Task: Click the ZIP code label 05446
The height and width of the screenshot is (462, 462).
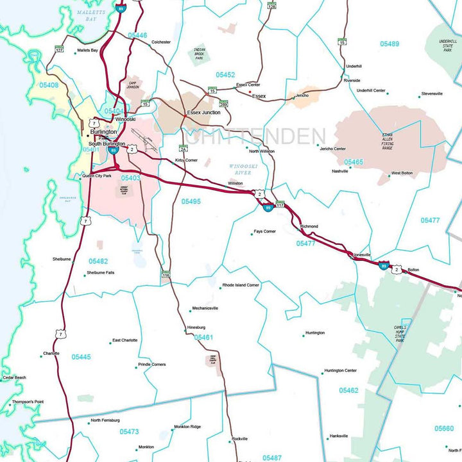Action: [x=137, y=35]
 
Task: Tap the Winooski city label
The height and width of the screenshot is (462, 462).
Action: [x=125, y=119]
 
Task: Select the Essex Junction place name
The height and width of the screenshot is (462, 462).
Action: [x=203, y=112]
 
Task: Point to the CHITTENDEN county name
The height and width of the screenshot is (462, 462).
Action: [x=255, y=136]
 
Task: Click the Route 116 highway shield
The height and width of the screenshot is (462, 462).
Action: [x=166, y=275]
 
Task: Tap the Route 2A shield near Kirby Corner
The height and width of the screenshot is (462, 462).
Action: [x=183, y=149]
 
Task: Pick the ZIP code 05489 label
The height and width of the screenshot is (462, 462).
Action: [x=389, y=44]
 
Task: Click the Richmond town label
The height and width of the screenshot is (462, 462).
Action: [x=309, y=226]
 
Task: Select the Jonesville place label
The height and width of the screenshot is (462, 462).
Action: [x=362, y=254]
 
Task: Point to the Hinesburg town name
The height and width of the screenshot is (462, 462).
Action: [x=196, y=327]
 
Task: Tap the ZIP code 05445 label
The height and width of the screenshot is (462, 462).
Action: [x=81, y=357]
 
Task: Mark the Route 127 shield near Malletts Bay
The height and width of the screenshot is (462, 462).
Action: [x=60, y=49]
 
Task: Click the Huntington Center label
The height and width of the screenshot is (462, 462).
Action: [x=340, y=370]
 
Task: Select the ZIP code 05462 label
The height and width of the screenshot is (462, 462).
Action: [x=348, y=390]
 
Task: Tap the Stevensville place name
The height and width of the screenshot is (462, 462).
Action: [x=432, y=94]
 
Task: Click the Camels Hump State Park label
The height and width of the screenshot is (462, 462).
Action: [x=400, y=334]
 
